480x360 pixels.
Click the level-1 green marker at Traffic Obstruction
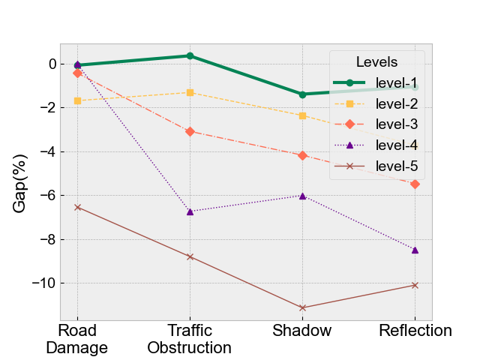[x=190, y=55]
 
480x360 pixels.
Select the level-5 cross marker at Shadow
[x=302, y=307]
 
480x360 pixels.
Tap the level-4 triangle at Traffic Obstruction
[x=190, y=211]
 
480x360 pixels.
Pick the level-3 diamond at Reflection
[x=415, y=184]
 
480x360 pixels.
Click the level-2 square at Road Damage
[x=77, y=100]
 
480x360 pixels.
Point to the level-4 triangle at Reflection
[x=415, y=250]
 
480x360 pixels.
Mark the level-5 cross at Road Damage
[x=77, y=207]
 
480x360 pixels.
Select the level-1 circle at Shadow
[x=302, y=94]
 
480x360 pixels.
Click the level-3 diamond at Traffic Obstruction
[x=190, y=132]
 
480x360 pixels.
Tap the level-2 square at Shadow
[x=302, y=115]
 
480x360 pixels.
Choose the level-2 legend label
[x=397, y=103]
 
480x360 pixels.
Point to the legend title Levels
[x=376, y=62]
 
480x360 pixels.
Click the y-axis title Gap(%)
[x=19, y=183]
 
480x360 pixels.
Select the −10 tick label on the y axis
[x=44, y=283]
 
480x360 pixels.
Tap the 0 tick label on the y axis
[x=52, y=64]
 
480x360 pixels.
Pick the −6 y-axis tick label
[x=48, y=195]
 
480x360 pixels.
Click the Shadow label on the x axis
[x=302, y=331]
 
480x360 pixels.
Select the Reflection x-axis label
[x=415, y=331]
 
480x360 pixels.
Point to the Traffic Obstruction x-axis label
[x=190, y=339]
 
